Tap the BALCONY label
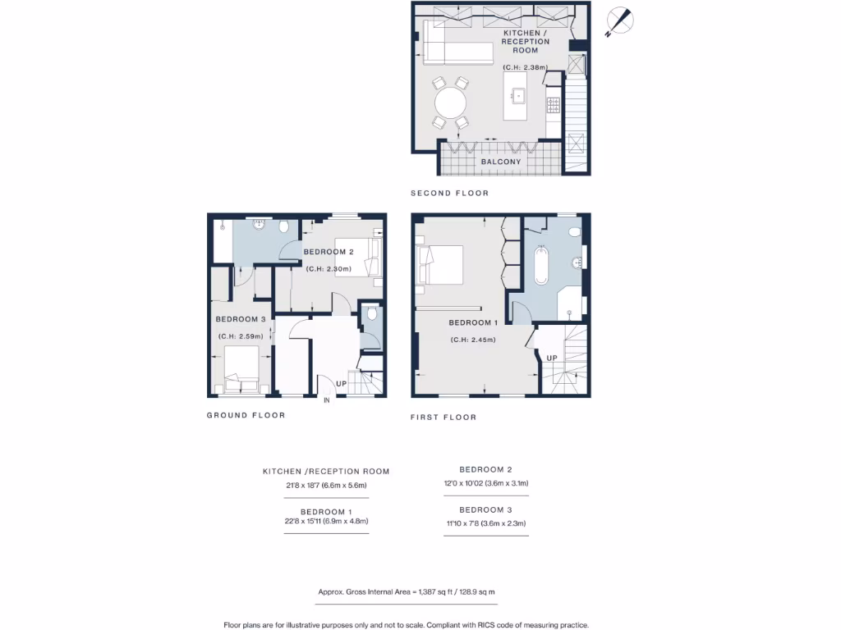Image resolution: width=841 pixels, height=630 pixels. [x=500, y=162]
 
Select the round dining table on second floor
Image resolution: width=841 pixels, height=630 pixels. [x=450, y=103]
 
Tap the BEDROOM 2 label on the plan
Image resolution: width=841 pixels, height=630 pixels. [x=329, y=252]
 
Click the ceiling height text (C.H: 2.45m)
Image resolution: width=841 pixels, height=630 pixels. [x=472, y=340]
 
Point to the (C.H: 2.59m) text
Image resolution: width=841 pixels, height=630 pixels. [x=240, y=336]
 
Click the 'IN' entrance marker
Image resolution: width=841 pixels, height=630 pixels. [x=327, y=400]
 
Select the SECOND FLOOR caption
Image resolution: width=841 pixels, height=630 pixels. [x=449, y=194]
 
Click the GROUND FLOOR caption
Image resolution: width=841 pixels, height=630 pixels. [x=246, y=415]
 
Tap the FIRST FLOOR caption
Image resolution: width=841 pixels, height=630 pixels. [x=443, y=417]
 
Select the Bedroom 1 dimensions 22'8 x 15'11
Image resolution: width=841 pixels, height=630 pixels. [x=326, y=521]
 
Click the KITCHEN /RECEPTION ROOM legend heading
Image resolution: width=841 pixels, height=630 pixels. [x=326, y=472]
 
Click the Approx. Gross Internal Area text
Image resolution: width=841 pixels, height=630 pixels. [x=407, y=591]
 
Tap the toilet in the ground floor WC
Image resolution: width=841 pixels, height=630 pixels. [x=372, y=314]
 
